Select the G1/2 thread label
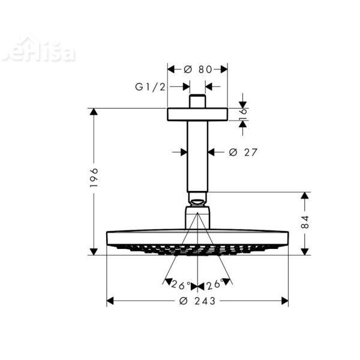pyautogui.click(x=149, y=86)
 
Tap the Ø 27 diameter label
pyautogui.click(x=243, y=152)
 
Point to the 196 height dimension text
pyautogui.click(x=94, y=178)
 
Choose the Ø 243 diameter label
pyautogui.click(x=197, y=301)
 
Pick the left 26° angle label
pyautogui.click(x=179, y=284)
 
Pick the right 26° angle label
pyautogui.click(x=217, y=284)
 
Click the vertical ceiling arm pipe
pyautogui.click(x=197, y=156)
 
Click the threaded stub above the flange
pyautogui.click(x=197, y=101)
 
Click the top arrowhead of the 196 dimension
pyautogui.click(x=94, y=112)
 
